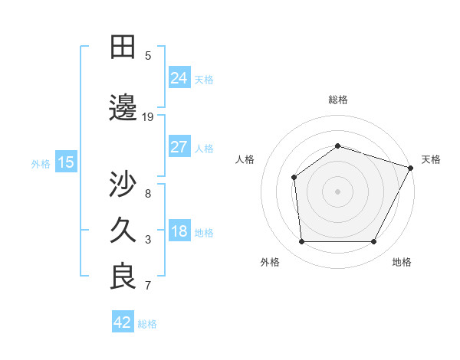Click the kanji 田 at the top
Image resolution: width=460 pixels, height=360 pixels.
pos(123,47)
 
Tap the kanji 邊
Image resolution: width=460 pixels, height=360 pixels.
pos(123,108)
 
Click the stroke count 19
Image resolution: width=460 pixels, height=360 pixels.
pos(148,117)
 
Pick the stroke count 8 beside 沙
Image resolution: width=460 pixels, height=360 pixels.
pos(148,193)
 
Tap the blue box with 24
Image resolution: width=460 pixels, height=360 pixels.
pos(179,78)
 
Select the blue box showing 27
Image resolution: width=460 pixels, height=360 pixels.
pos(179,147)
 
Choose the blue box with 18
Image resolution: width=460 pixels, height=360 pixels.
pos(179,231)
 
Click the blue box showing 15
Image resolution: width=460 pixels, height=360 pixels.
pos(66,162)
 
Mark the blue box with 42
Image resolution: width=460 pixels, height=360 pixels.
pos(122,322)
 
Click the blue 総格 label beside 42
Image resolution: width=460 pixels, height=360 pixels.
pos(147,324)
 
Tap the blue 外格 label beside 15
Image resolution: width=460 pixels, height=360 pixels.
pos(41,163)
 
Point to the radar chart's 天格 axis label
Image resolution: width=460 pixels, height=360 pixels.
pos(431,159)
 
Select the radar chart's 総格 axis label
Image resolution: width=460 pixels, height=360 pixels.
pos(338,100)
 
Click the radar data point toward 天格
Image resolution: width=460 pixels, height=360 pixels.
pos(412,168)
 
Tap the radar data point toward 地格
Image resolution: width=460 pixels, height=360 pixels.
pos(374,242)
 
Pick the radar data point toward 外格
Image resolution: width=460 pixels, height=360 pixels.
pos(301,242)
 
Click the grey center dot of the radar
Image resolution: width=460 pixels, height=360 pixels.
pos(337,191)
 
